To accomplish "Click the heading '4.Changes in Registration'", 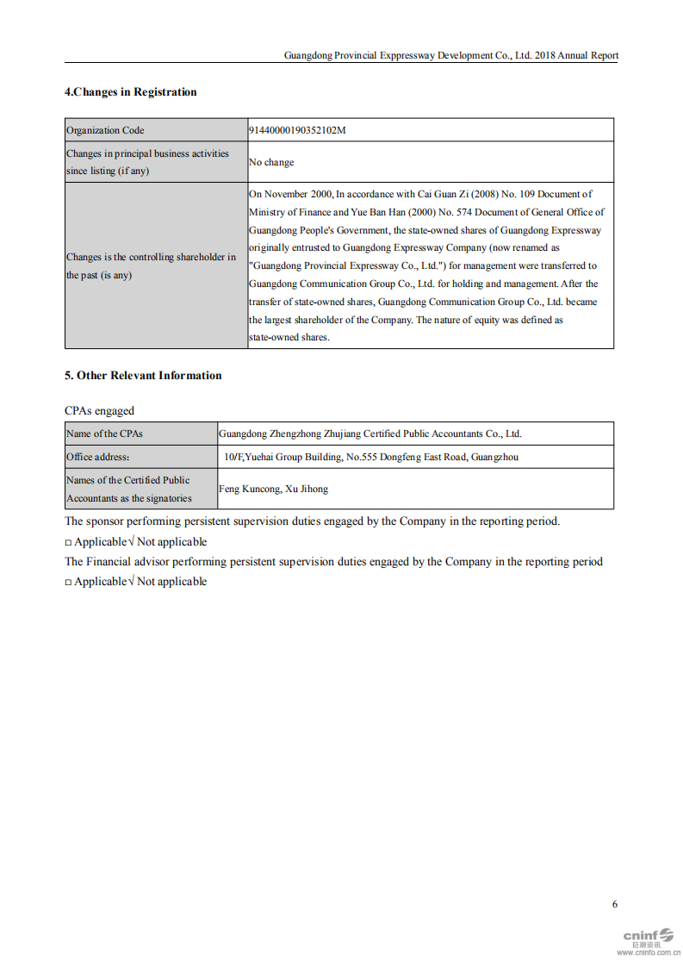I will (130, 92).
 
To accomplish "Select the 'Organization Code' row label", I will (105, 130).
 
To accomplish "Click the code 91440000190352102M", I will (297, 130).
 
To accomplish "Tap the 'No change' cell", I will (271, 162).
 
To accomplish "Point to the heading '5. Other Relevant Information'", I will (143, 376).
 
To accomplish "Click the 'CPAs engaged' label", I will (99, 411).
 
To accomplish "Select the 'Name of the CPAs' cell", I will (104, 434).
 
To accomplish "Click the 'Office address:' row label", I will (97, 457).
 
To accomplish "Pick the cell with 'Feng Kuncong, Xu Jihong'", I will (273, 489).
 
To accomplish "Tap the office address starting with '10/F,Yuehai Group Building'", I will (370, 457).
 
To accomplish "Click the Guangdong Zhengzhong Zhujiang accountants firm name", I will (369, 434).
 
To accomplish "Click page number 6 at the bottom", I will (614, 904).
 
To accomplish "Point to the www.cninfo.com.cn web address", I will (648, 953).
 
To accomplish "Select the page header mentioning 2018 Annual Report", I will (450, 55).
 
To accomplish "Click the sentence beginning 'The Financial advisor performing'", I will (333, 562).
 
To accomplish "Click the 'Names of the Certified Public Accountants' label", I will (129, 489).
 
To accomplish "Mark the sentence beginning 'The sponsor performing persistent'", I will (312, 521).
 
